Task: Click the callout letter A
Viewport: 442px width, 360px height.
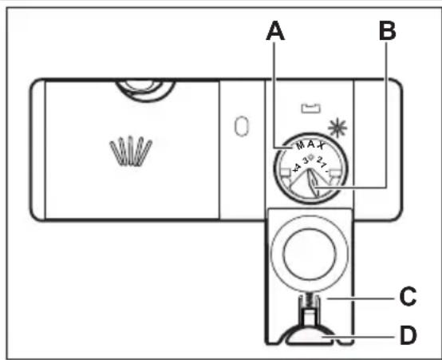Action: pos(275,31)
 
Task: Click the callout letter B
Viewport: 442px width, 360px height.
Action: pos(388,31)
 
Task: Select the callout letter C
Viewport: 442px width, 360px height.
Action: pos(408,297)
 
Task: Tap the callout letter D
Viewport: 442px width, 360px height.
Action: pos(408,335)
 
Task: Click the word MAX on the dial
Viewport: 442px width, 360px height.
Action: pos(310,145)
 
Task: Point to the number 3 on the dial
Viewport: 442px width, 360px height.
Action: pos(306,160)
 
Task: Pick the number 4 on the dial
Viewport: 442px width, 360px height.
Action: pos(296,168)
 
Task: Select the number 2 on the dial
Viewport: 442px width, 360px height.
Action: pos(319,160)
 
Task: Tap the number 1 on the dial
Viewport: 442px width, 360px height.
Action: pos(324,165)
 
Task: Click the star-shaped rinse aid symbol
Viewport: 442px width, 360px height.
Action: pos(337,128)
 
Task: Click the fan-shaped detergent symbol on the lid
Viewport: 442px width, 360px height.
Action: pos(131,151)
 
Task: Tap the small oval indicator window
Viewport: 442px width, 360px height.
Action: pos(242,126)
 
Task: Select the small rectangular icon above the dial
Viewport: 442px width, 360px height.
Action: pos(311,109)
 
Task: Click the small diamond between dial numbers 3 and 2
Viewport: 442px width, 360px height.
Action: pos(311,156)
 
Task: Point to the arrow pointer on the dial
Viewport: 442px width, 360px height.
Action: pos(314,183)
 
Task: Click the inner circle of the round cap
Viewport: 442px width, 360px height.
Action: pos(310,253)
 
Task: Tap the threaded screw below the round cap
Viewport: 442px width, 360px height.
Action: pos(310,301)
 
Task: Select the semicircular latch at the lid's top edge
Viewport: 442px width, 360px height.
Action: pos(145,90)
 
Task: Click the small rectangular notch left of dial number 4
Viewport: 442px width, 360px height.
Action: pos(286,172)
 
